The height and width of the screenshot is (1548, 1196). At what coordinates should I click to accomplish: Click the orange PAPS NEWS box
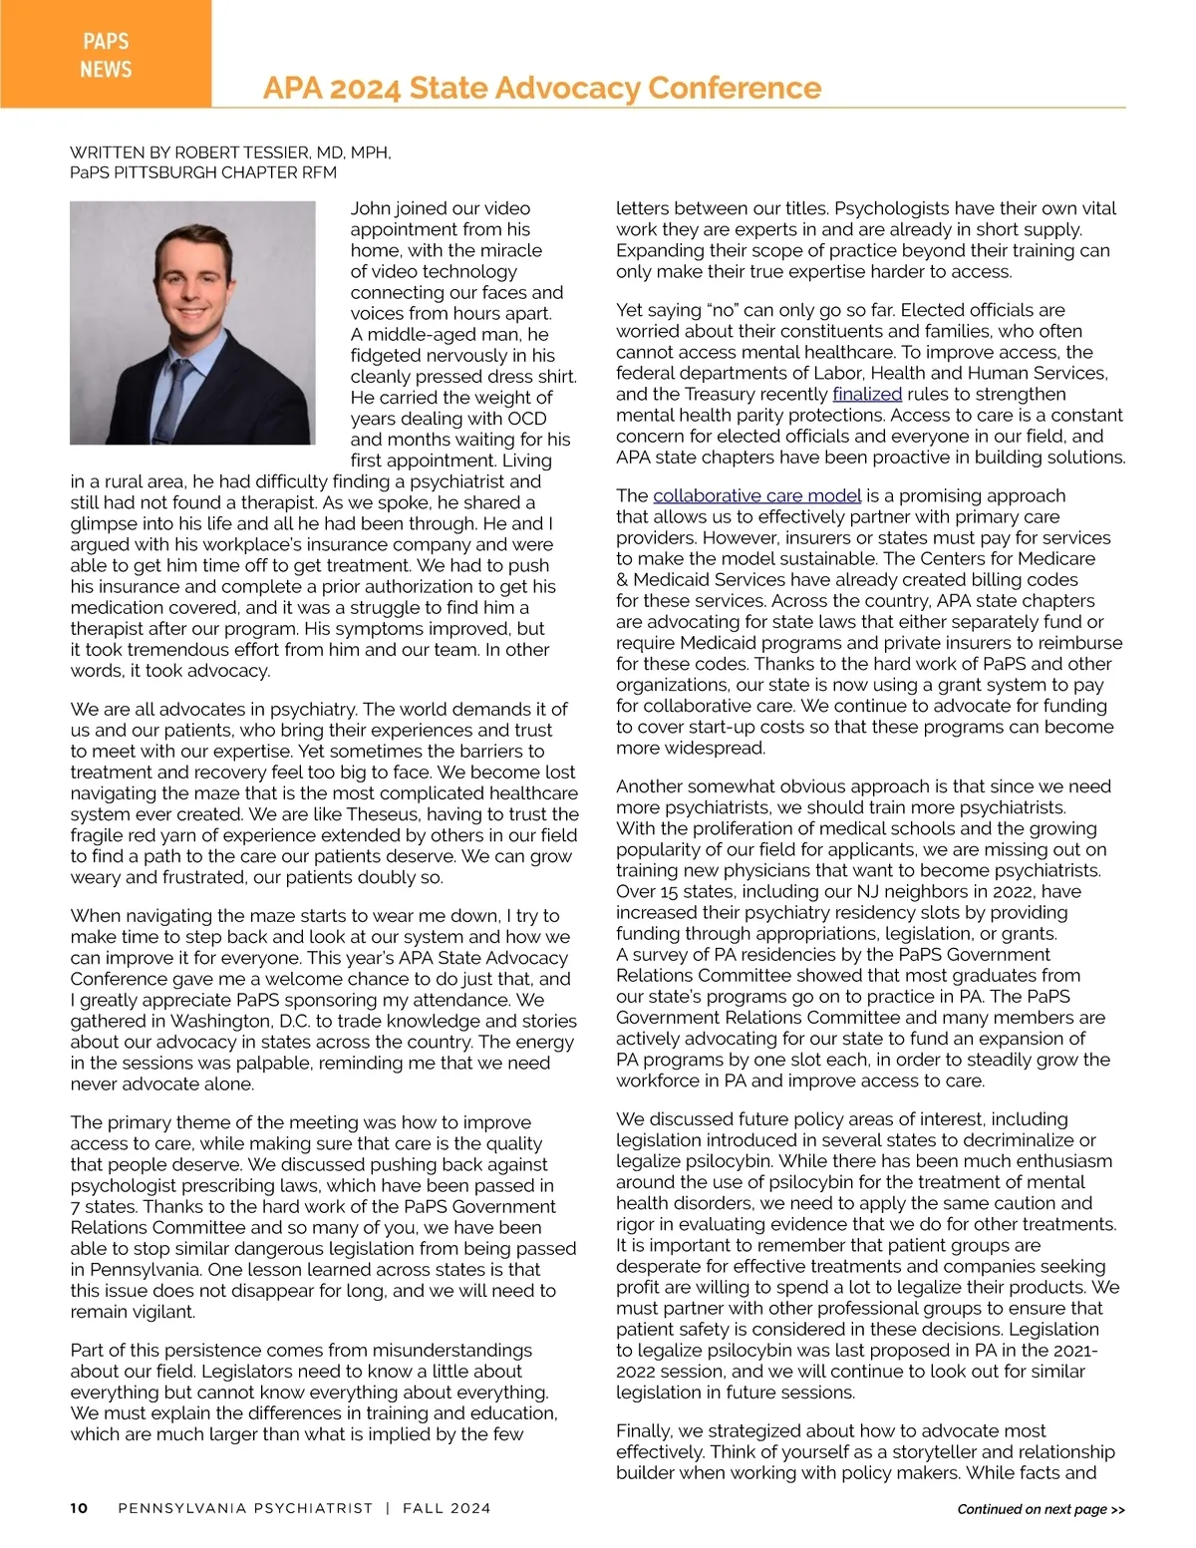(106, 54)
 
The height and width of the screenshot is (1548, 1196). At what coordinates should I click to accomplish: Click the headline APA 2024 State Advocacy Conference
(542, 88)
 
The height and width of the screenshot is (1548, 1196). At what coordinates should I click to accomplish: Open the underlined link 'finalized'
(866, 394)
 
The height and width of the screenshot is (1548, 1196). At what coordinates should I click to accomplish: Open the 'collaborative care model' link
(756, 495)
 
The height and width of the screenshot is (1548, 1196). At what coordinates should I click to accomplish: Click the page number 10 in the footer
(79, 1508)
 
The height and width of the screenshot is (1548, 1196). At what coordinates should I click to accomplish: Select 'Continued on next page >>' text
(1041, 1509)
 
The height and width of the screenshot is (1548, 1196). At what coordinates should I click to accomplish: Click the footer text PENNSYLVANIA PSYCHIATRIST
(245, 1508)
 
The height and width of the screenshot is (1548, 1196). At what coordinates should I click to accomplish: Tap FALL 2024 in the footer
(447, 1508)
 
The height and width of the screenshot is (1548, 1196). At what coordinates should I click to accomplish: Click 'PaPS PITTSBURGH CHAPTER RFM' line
(203, 172)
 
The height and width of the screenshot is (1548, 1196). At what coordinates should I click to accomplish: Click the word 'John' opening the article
(370, 208)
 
